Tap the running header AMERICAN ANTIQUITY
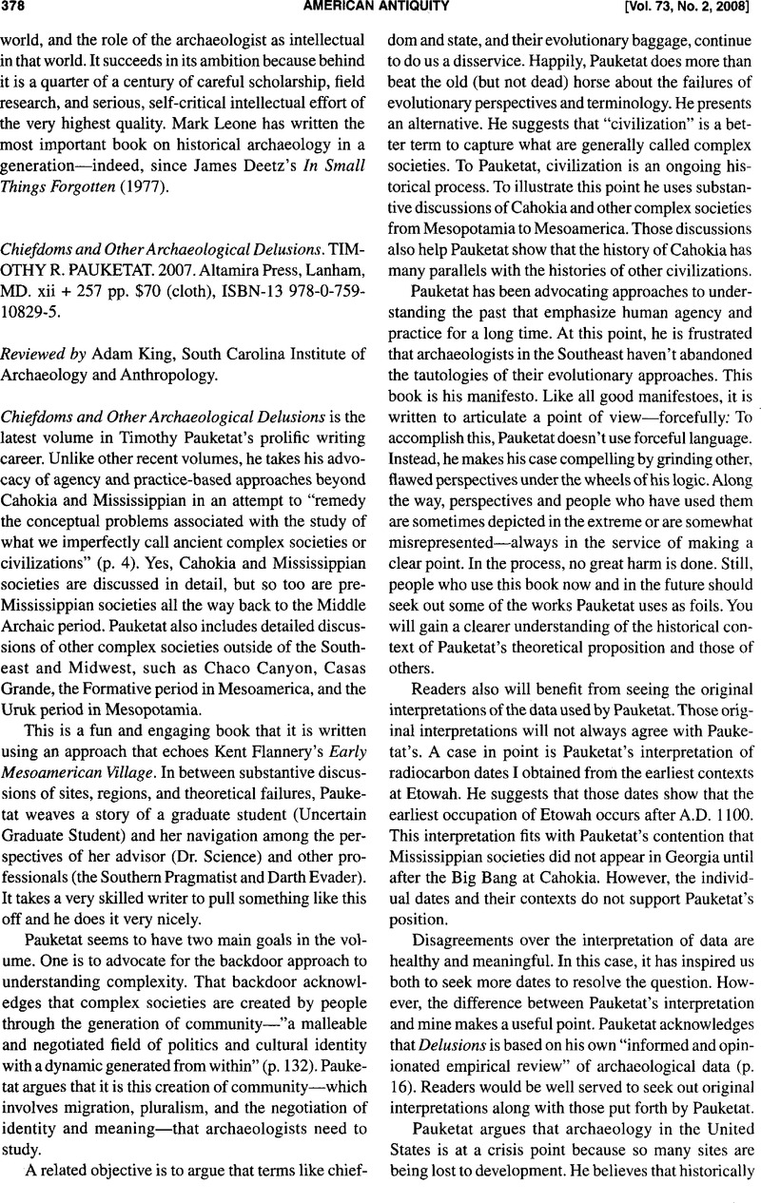pos(380,9)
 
